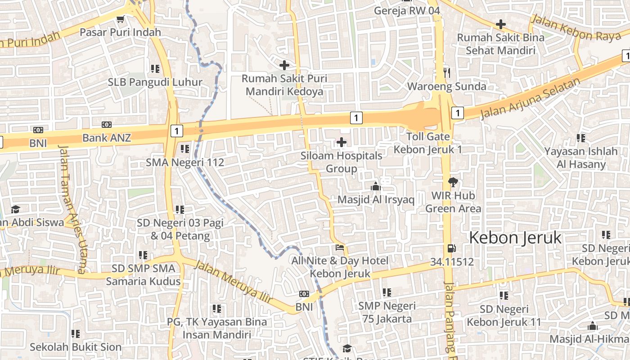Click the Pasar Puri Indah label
click(x=120, y=32)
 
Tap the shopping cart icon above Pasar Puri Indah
click(x=120, y=19)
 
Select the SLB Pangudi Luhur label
click(x=155, y=82)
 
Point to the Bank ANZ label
click(x=106, y=138)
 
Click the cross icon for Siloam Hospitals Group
click(x=342, y=143)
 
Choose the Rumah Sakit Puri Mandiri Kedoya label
click(x=284, y=85)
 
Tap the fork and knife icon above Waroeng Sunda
click(x=446, y=72)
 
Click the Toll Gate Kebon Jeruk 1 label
click(x=427, y=143)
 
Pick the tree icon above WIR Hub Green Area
click(x=453, y=182)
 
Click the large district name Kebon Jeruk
click(x=515, y=238)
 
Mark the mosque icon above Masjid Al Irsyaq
click(x=375, y=186)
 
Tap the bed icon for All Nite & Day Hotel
click(x=340, y=247)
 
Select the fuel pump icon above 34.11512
click(x=451, y=248)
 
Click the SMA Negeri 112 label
click(x=185, y=162)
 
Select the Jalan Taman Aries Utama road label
click(x=72, y=209)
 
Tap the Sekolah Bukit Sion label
click(x=76, y=347)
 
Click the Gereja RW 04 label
click(x=407, y=11)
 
